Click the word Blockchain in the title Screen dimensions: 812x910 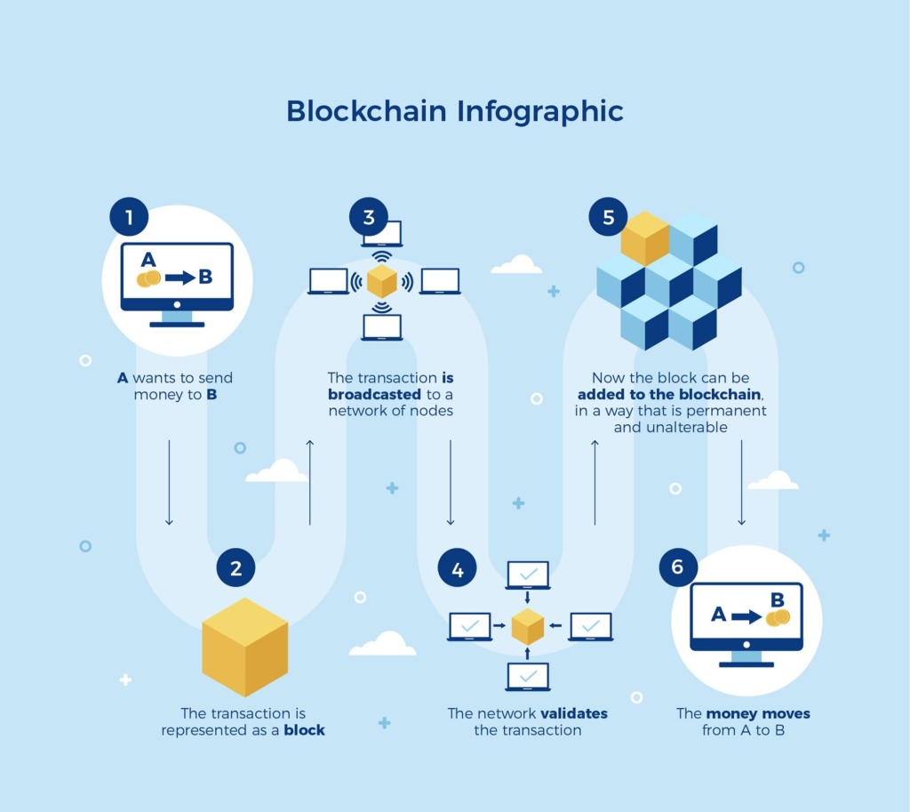366,111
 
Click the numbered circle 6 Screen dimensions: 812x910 678,567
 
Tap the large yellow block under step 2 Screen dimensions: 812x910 244,647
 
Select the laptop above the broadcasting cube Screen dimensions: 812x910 381,233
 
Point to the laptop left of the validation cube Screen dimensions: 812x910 470,626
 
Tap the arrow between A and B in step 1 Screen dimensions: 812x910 180,277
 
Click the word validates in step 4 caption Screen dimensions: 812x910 574,713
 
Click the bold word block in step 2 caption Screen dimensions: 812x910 304,730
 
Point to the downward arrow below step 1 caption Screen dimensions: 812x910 169,480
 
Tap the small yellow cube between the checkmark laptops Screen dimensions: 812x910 527,626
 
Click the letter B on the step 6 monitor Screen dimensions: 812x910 776,599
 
